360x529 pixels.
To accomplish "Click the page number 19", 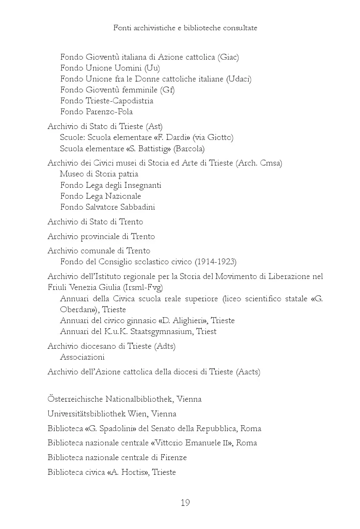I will [185, 503].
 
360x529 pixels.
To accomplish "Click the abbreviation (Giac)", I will [228, 57].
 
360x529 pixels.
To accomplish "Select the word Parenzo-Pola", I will [109, 112].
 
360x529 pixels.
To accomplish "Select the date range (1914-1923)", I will [215, 262].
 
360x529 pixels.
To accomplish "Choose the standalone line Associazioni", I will [82, 357].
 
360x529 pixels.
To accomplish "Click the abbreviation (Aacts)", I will [248, 372].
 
